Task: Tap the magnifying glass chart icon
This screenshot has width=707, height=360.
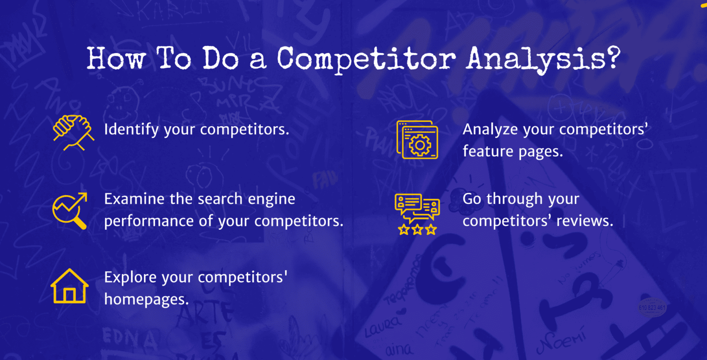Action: pos(70,210)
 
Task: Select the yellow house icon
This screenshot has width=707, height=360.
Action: pos(70,286)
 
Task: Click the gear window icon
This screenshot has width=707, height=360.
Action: pos(417,140)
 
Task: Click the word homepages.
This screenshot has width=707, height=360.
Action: pos(146,300)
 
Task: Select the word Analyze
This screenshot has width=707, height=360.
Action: pos(490,130)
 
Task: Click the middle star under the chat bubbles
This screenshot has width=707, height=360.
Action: pos(417,229)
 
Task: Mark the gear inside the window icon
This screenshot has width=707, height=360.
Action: pos(419,145)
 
